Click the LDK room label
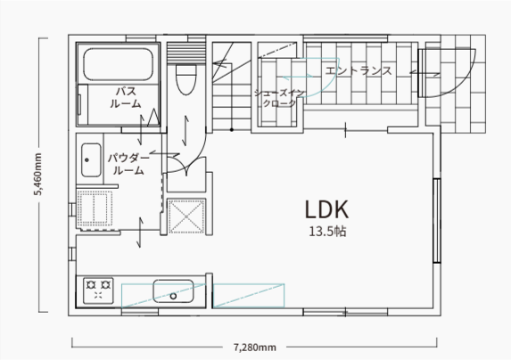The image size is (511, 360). coord(327,209)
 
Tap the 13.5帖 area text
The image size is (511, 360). coord(327,232)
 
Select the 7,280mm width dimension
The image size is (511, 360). coord(254,348)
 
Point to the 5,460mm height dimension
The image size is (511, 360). coord(38,174)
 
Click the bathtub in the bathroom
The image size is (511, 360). coord(118,64)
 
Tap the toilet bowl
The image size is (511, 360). coord(185,79)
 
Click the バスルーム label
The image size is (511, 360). coord(126,97)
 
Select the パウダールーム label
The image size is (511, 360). coord(128,164)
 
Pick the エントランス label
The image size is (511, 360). coord(359,70)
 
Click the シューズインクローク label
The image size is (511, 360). coord(279,98)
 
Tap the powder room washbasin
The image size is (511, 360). coord(91,160)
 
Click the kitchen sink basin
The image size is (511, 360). coord(173,291)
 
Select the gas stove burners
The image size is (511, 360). coord(98,290)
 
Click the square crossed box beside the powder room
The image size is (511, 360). coord(186,217)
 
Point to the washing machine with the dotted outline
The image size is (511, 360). coord(95,209)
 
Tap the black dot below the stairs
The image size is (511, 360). coord(232,130)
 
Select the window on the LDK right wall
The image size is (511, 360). coord(437,220)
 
